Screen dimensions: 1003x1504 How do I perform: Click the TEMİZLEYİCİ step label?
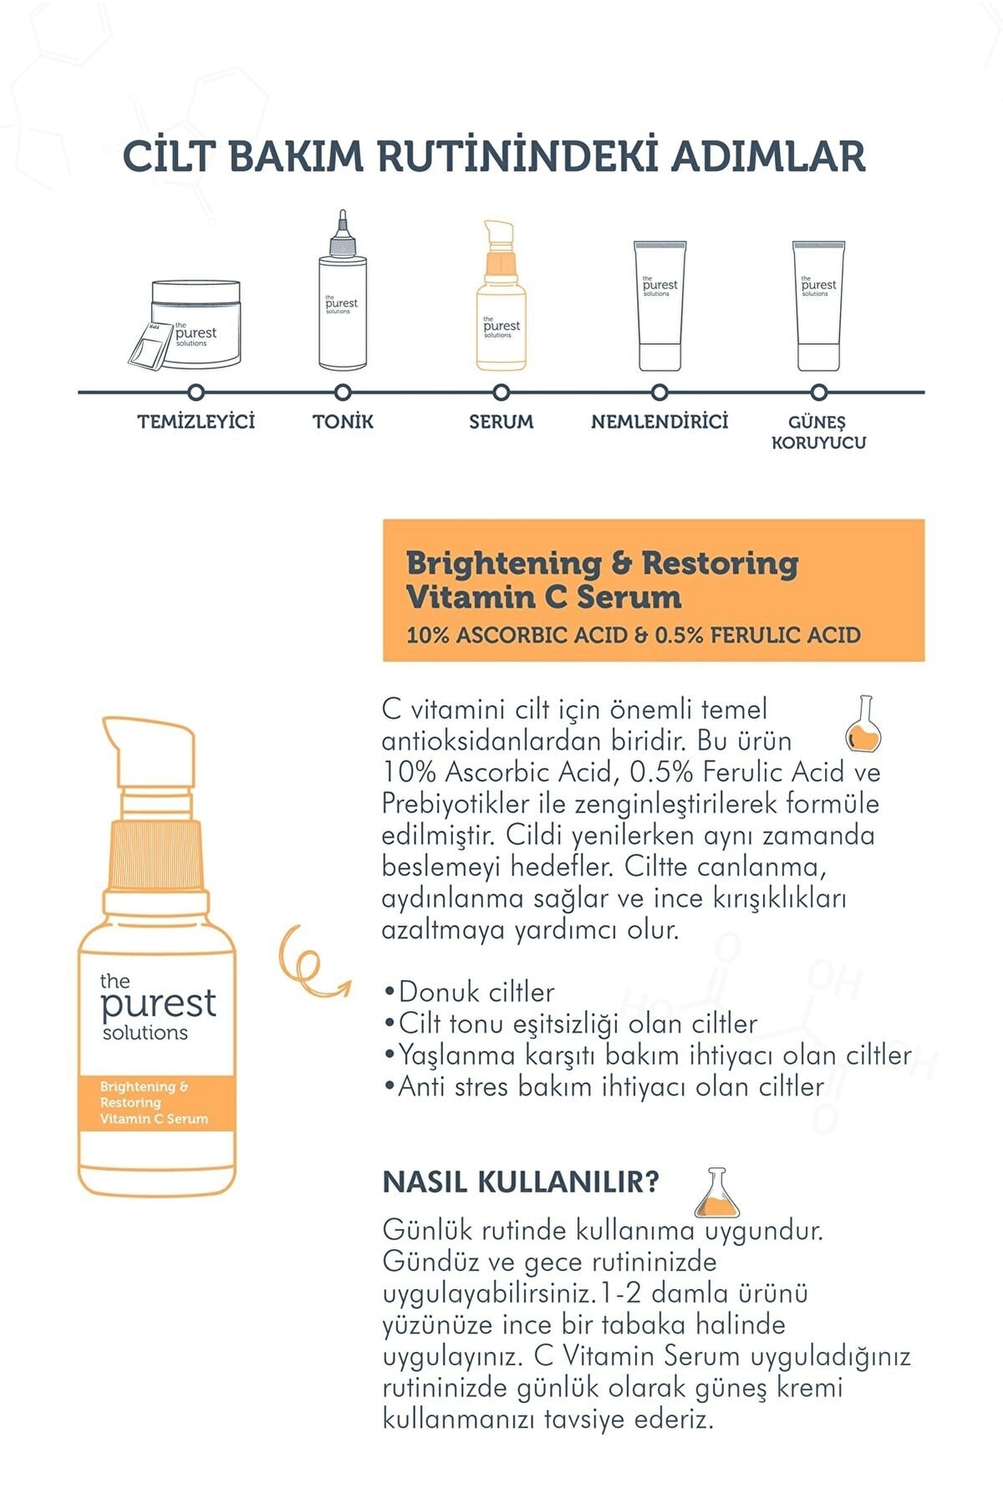pos(196,421)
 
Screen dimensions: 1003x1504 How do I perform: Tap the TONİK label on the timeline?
pos(343,421)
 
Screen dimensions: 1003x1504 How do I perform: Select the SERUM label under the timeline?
pos(501,422)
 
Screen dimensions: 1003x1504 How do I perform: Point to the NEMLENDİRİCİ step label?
pos(659,421)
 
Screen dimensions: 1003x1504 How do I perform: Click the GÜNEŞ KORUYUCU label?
pos(818,432)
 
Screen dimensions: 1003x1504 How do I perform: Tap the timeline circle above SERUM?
pos(501,392)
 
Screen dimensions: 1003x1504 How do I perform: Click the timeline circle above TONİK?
pos(342,392)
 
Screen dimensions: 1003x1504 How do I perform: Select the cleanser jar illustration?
pos(186,324)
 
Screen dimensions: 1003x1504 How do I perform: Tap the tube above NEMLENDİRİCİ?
pos(659,306)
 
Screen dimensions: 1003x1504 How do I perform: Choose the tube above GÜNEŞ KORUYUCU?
pos(818,306)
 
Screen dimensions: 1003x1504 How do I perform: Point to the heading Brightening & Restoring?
pos(602,562)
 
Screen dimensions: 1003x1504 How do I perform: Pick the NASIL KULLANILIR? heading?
pos(521,1181)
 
